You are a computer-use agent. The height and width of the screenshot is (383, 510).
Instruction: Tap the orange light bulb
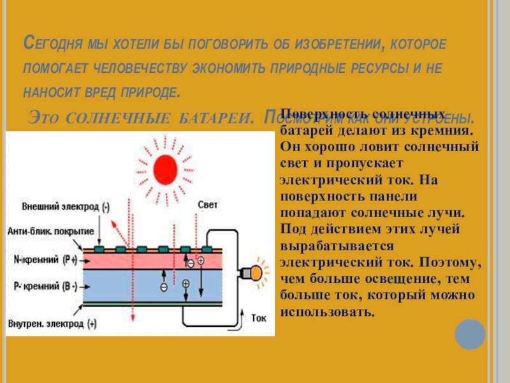(256, 273)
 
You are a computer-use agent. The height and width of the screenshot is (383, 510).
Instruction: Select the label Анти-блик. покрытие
(52, 230)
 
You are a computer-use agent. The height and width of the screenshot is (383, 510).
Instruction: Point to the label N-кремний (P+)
(45, 260)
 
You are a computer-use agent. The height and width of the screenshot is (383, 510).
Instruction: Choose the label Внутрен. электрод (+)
(52, 324)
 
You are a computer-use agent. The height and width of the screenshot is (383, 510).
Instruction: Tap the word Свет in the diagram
(208, 204)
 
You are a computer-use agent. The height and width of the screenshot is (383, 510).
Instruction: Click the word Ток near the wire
(259, 317)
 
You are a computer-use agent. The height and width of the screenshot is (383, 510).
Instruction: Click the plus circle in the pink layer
(201, 260)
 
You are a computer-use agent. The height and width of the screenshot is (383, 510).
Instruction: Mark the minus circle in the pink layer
(191, 262)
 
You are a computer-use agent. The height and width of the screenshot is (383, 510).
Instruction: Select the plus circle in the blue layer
(186, 283)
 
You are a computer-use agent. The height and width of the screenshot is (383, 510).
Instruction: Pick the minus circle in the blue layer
(164, 287)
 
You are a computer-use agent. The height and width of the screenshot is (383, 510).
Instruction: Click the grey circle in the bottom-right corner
(470, 334)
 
